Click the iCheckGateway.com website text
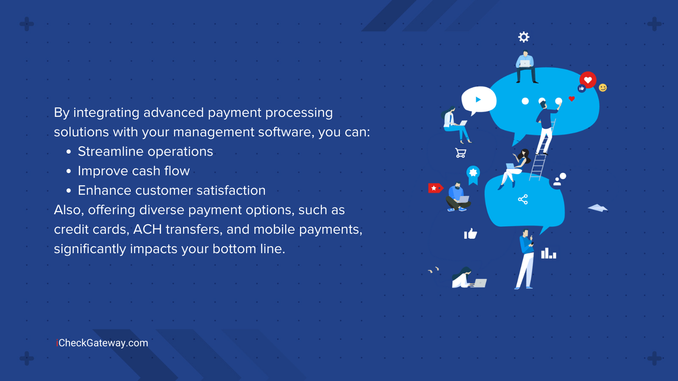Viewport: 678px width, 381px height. click(102, 343)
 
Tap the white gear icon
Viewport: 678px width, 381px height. click(524, 37)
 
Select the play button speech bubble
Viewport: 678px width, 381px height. click(478, 100)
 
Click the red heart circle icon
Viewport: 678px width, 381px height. click(588, 80)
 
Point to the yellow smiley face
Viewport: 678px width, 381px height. click(603, 88)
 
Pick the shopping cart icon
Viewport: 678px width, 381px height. click(461, 153)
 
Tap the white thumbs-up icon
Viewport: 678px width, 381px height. click(470, 234)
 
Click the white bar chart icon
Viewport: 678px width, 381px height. click(548, 254)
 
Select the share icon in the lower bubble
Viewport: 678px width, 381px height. click(523, 199)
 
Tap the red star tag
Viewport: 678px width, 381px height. click(435, 188)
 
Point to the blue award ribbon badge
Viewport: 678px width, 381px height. click(473, 174)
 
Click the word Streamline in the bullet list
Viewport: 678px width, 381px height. click(111, 152)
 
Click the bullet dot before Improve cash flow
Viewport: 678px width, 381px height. click(69, 171)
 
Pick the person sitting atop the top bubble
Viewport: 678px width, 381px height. click(525, 66)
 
